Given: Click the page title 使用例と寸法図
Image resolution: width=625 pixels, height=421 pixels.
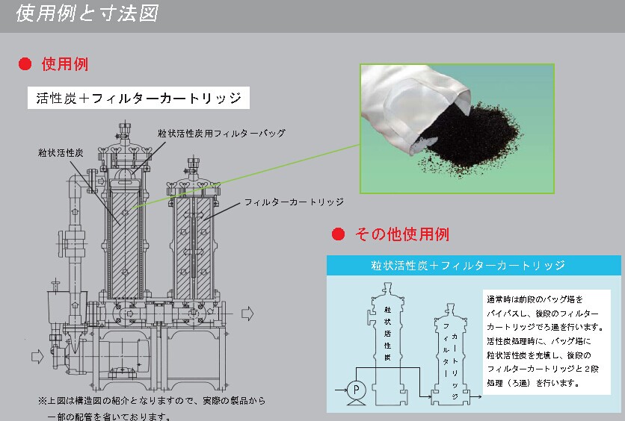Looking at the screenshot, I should (87, 13).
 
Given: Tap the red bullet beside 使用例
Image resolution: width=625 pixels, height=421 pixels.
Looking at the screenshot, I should (25, 64).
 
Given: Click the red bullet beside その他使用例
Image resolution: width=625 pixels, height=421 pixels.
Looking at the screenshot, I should (338, 234).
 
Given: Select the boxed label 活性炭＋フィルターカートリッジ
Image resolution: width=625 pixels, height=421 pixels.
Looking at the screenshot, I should (138, 99).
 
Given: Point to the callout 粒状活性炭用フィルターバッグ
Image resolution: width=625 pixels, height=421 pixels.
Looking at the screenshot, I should (221, 133).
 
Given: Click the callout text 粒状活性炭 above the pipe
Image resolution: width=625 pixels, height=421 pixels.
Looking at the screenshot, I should (61, 152).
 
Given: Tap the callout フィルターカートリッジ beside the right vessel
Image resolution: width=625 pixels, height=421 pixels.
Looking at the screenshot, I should (293, 202).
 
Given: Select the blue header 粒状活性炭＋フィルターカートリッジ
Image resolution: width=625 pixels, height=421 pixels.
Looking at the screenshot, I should (473, 265).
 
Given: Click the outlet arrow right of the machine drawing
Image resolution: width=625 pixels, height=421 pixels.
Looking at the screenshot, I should (249, 313).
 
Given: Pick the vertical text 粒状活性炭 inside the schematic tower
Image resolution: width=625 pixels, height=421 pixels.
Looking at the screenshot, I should (387, 332).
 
